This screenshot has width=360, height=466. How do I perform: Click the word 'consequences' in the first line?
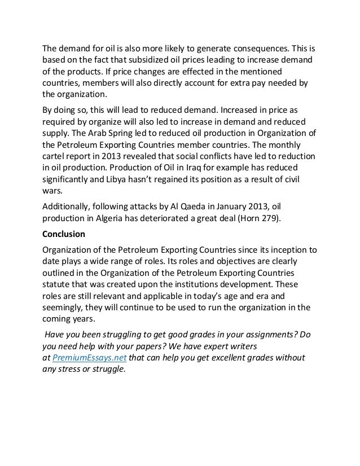click(x=255, y=47)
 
